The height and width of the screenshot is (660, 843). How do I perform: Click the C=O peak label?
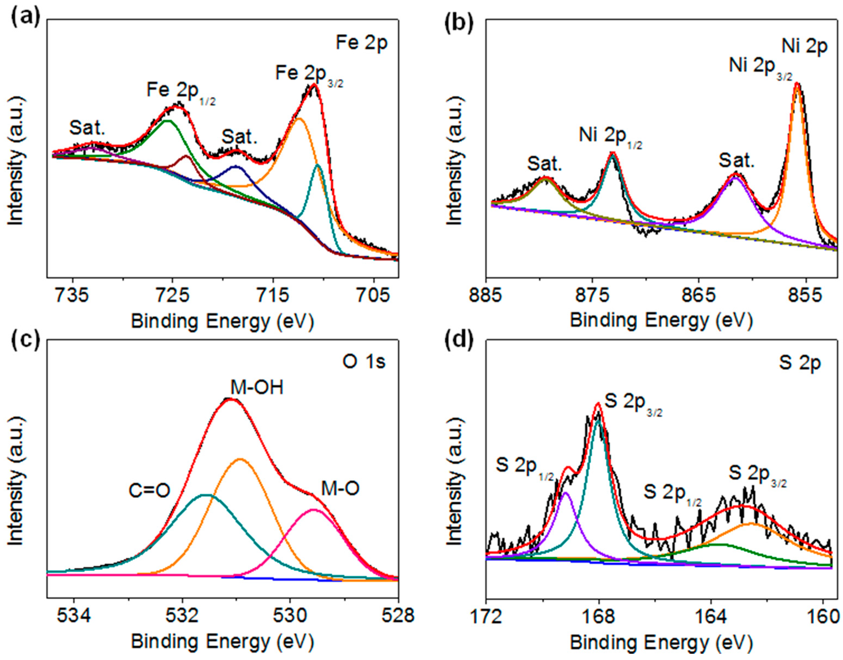pyautogui.click(x=149, y=491)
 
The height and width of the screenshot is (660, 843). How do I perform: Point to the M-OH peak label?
pyautogui.click(x=257, y=388)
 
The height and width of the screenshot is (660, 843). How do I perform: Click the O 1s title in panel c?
pyautogui.click(x=364, y=362)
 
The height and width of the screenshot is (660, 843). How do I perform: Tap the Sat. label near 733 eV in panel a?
pyautogui.click(x=87, y=128)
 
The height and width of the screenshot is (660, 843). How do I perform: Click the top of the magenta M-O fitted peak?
pyautogui.click(x=313, y=510)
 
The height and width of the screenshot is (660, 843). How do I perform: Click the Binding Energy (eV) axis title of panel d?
pyautogui.click(x=661, y=642)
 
